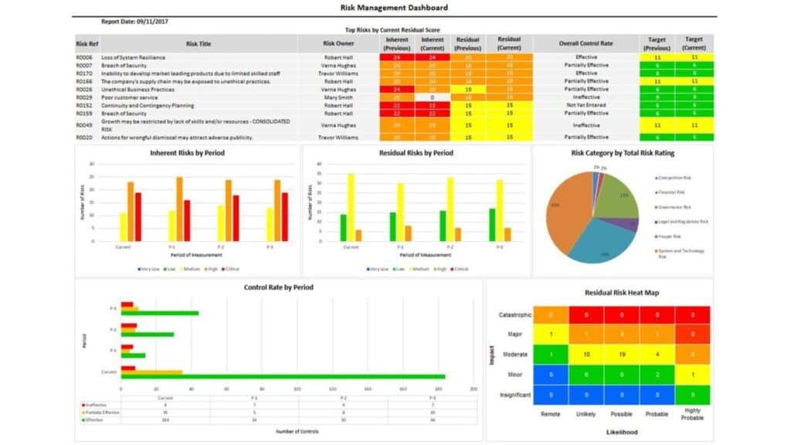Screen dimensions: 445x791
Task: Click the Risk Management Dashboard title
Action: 394,8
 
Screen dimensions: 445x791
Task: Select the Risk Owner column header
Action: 338,43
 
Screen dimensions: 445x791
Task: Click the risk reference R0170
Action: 84,73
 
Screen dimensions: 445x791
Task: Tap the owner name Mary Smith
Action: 338,97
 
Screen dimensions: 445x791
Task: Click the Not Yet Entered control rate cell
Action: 586,105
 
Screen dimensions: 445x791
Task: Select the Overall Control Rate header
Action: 586,43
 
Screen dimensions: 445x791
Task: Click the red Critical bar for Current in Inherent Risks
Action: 138,217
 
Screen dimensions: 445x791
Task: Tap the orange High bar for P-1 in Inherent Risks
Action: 179,209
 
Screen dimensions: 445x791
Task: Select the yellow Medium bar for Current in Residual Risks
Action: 351,207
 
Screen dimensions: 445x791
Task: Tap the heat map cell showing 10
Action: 586,354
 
